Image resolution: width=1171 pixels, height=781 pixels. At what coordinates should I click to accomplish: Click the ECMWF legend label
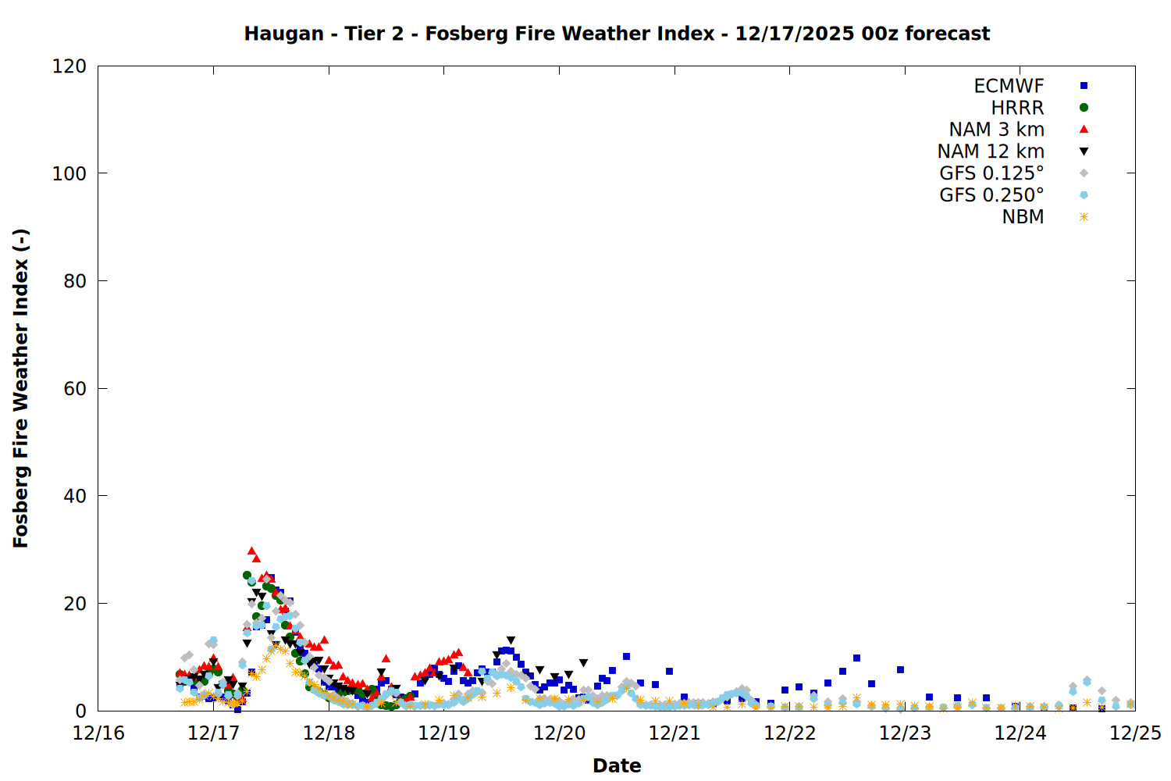click(x=1009, y=86)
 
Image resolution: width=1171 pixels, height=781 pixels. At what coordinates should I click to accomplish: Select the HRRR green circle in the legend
click(x=1084, y=108)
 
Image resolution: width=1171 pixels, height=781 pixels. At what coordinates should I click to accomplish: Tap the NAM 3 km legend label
click(x=996, y=130)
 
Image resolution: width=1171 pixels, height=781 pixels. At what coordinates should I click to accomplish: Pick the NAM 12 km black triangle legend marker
click(x=1084, y=152)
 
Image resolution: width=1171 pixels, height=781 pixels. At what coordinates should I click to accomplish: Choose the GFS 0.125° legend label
click(x=991, y=173)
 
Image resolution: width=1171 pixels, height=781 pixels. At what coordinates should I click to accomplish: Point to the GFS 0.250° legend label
click(x=991, y=195)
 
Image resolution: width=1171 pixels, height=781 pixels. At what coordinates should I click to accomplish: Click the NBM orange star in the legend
click(x=1084, y=217)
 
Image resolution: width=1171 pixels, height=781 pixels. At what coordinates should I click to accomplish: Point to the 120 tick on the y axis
click(x=69, y=66)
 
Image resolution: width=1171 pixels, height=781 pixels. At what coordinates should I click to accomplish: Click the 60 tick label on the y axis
click(x=75, y=389)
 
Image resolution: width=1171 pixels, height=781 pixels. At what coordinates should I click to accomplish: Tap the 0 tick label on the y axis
click(x=81, y=711)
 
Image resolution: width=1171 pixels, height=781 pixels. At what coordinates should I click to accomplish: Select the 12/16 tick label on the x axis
click(x=98, y=733)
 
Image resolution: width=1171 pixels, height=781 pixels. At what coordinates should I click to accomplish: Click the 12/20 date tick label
click(x=560, y=733)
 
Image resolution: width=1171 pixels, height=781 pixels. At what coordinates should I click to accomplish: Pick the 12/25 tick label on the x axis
click(x=1135, y=733)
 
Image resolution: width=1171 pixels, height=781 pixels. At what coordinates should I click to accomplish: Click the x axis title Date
click(x=617, y=765)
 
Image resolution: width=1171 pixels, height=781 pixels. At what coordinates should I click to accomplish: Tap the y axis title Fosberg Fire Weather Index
click(x=21, y=388)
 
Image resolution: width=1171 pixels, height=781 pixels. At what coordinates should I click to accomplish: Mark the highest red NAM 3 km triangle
click(x=251, y=551)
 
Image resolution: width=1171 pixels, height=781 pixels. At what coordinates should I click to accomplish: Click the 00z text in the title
click(x=881, y=34)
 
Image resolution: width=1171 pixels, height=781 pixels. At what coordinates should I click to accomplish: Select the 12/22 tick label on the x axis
click(x=790, y=733)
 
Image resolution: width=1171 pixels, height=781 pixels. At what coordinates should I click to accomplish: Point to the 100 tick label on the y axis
click(x=69, y=173)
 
